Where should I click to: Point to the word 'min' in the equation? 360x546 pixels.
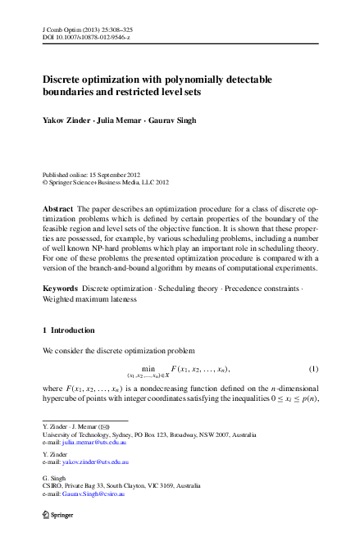(148, 368)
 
